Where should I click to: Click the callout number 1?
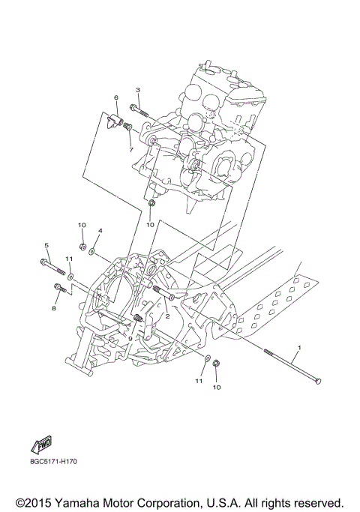click(x=299, y=349)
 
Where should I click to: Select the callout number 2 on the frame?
click(x=167, y=316)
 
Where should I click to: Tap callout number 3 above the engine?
click(x=137, y=91)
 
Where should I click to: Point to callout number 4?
click(x=100, y=231)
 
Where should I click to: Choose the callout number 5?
click(x=46, y=246)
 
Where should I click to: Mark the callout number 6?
click(x=116, y=98)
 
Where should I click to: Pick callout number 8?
click(x=54, y=307)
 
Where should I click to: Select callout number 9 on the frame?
click(x=130, y=339)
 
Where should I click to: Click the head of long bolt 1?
click(x=317, y=382)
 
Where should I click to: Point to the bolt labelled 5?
click(x=51, y=265)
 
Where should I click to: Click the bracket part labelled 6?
click(x=115, y=118)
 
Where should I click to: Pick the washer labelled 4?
click(x=91, y=253)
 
